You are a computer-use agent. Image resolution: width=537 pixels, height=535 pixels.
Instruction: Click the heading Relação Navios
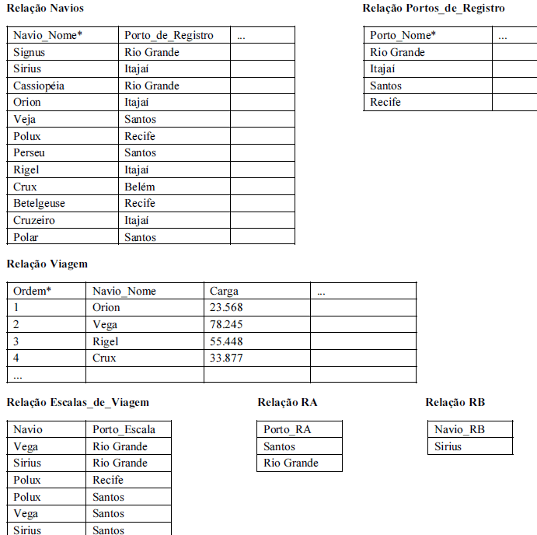pyautogui.click(x=45, y=8)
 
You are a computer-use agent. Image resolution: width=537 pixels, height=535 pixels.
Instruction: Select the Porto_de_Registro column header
pyautogui.click(x=169, y=35)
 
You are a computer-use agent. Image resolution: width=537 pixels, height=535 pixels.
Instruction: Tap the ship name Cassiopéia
pyautogui.click(x=40, y=86)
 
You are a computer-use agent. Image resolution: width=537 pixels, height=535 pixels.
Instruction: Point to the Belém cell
pyautogui.click(x=140, y=187)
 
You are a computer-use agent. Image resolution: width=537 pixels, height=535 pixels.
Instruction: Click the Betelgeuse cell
pyautogui.click(x=39, y=203)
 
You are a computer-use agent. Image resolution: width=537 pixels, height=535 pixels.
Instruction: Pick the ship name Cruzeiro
pyautogui.click(x=34, y=220)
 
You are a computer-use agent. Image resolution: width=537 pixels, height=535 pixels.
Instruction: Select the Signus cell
pyautogui.click(x=30, y=52)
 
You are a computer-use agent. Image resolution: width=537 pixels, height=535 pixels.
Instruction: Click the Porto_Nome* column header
pyautogui.click(x=403, y=35)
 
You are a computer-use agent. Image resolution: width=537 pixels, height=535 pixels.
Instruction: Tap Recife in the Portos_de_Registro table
pyautogui.click(x=385, y=102)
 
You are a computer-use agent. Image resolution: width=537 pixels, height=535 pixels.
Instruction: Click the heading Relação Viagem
pyautogui.click(x=47, y=264)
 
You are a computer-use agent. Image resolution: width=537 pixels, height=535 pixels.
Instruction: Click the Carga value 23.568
pyautogui.click(x=226, y=307)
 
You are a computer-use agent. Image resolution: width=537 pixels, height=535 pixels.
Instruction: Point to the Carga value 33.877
pyautogui.click(x=226, y=358)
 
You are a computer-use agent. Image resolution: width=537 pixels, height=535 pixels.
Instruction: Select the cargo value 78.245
pyautogui.click(x=226, y=324)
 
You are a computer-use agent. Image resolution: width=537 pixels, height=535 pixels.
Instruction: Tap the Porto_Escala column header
pyautogui.click(x=124, y=429)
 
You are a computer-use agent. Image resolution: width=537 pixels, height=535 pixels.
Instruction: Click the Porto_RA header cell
pyautogui.click(x=288, y=429)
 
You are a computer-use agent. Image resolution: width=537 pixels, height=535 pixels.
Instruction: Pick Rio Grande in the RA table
pyautogui.click(x=291, y=463)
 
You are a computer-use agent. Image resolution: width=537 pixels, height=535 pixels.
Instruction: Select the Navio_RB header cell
pyautogui.click(x=459, y=429)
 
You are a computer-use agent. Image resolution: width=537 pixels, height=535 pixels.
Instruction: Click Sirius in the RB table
pyautogui.click(x=448, y=446)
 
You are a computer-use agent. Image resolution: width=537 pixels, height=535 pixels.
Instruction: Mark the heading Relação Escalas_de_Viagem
pyautogui.click(x=78, y=402)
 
